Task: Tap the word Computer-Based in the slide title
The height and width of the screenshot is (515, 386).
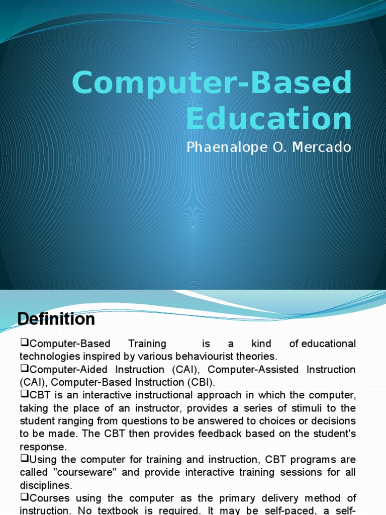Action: tap(212, 83)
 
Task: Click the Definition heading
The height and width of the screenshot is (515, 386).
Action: tap(56, 319)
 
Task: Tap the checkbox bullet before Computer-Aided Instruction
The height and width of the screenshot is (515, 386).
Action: tap(24, 369)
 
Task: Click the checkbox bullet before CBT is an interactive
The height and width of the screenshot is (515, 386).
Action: tap(24, 394)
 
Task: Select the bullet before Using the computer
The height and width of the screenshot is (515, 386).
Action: tap(24, 459)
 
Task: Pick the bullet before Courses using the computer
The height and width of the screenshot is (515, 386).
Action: tap(24, 497)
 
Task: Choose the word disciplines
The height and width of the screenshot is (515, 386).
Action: tap(46, 485)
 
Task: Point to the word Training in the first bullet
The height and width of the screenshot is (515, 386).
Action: tap(147, 344)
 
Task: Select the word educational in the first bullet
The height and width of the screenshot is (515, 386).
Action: tap(328, 344)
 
